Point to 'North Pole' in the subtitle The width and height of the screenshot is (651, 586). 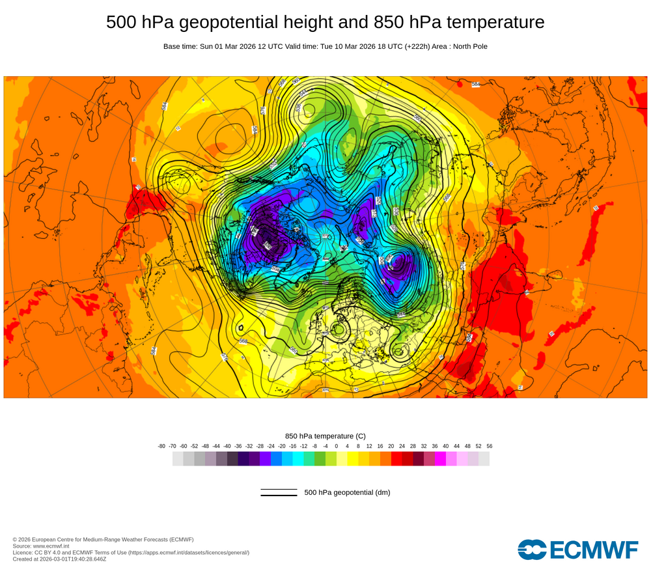click(467, 46)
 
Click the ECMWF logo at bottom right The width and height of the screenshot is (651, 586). click(578, 550)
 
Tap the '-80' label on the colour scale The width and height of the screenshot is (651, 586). click(161, 446)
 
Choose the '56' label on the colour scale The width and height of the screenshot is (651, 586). click(490, 446)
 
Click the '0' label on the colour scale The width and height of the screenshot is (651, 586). click(337, 446)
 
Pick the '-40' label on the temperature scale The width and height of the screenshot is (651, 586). click(227, 446)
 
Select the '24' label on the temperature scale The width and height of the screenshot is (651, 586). click(402, 446)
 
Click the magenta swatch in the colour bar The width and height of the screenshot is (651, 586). click(440, 459)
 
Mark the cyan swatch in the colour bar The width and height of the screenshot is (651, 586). click(298, 459)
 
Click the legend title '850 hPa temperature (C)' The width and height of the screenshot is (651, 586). click(325, 436)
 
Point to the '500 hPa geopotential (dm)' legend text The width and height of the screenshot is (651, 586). click(347, 492)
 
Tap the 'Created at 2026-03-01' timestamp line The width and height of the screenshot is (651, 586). click(59, 559)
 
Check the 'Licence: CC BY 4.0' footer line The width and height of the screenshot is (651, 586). click(131, 552)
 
